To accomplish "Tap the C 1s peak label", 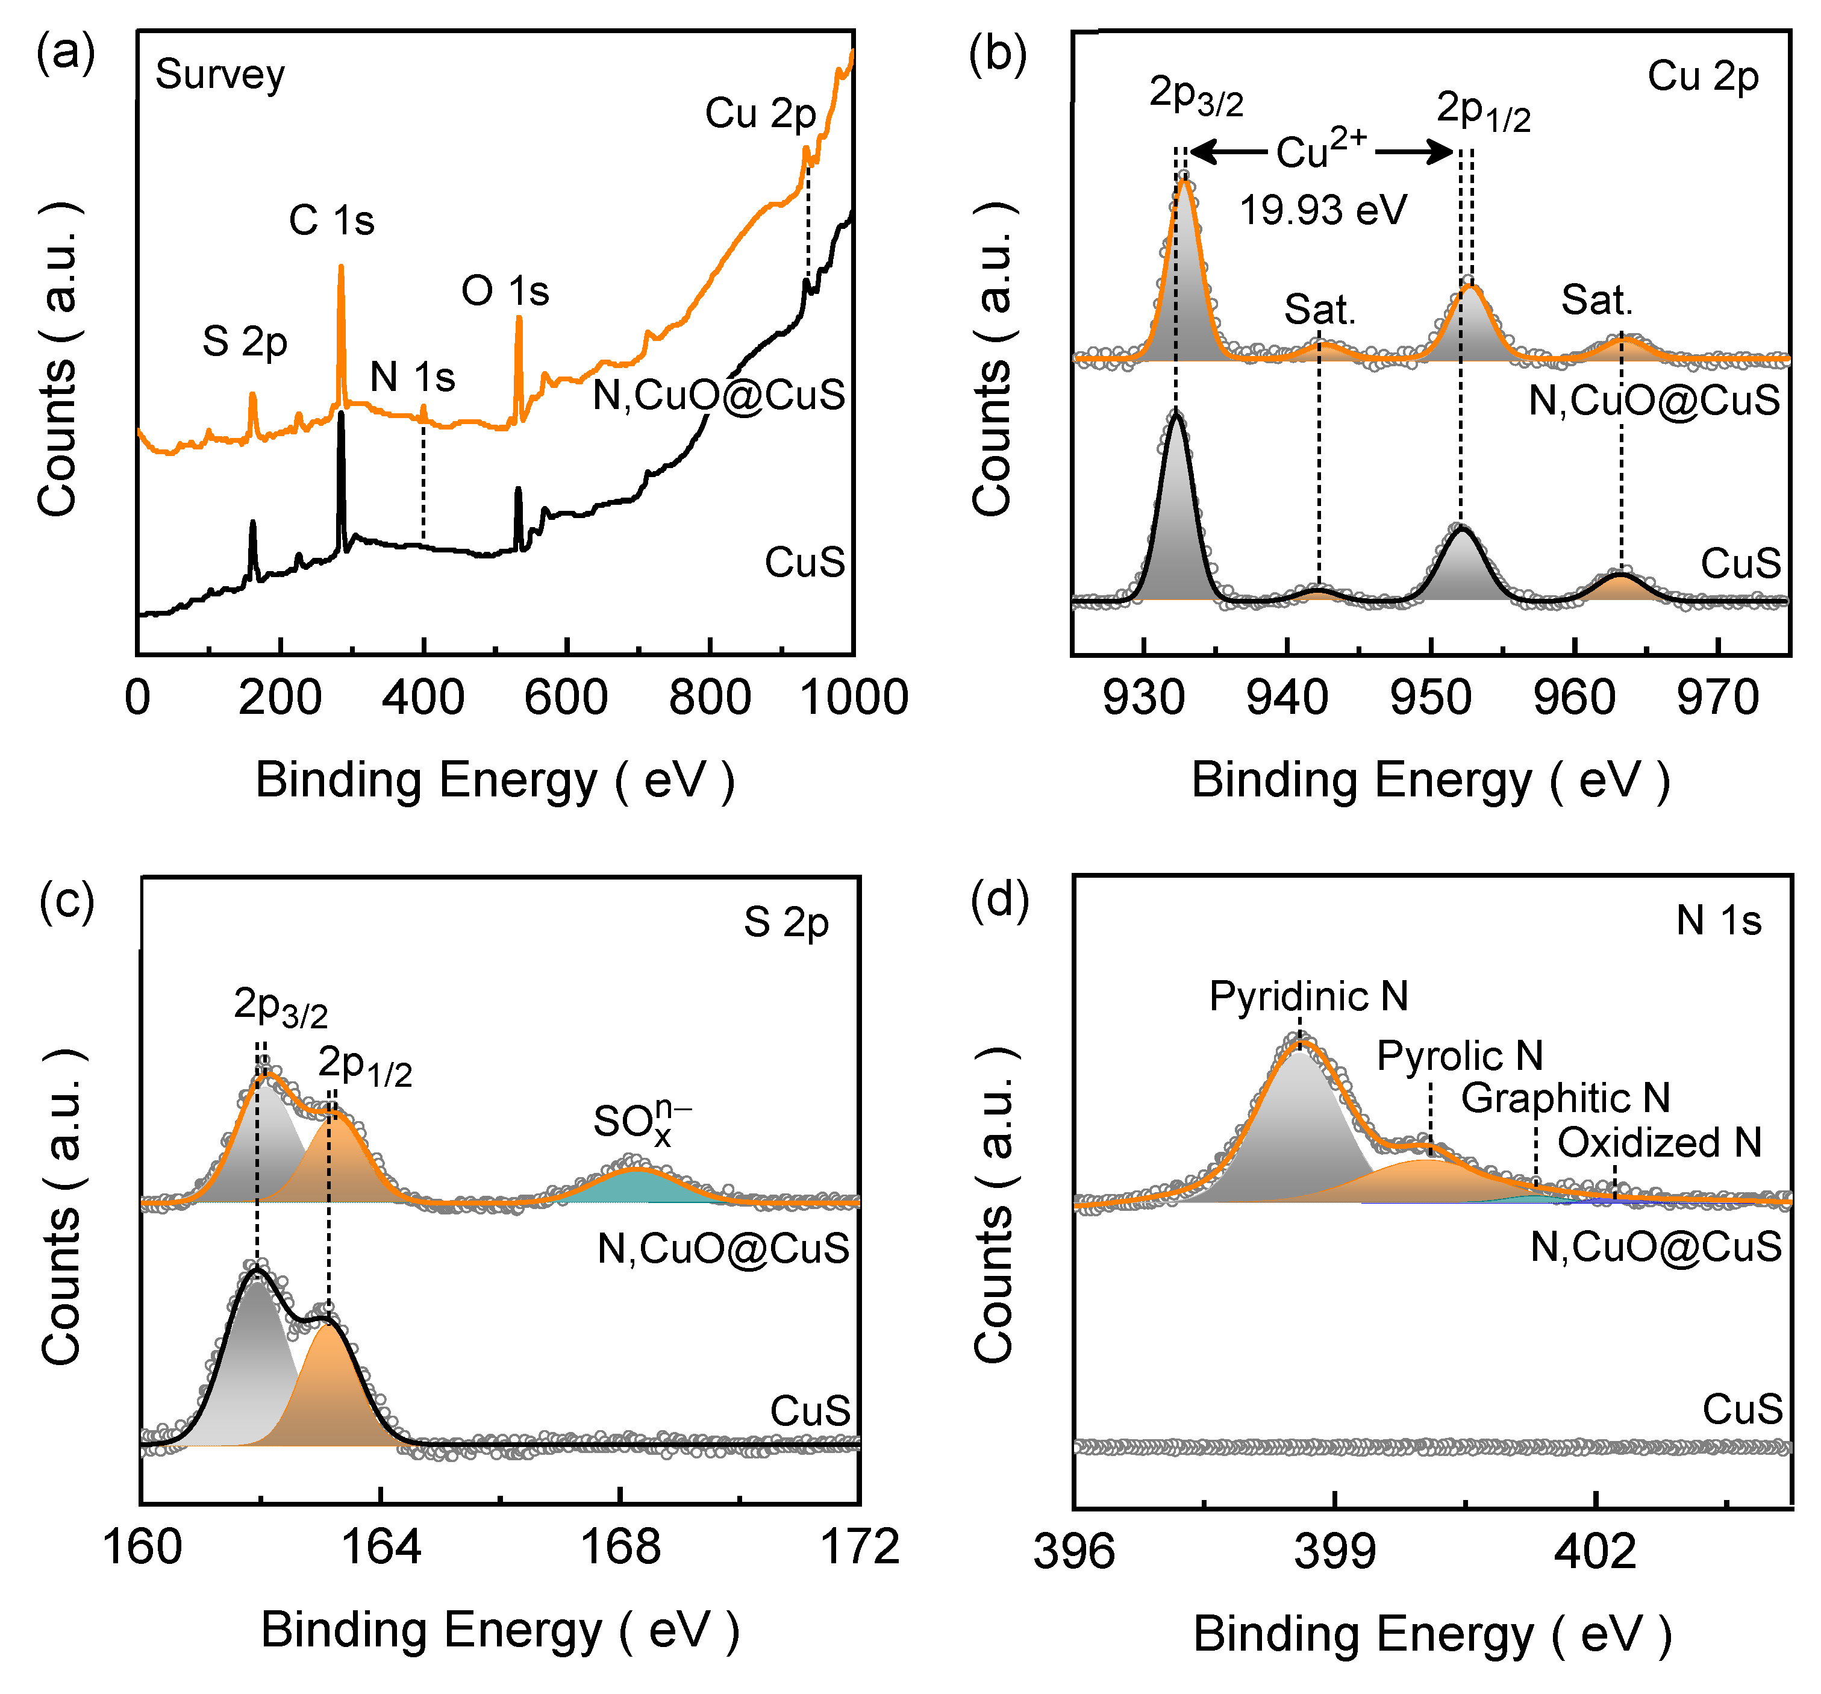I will click(331, 221).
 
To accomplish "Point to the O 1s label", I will click(505, 292).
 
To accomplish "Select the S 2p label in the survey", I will click(245, 342).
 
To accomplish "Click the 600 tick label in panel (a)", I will click(566, 698).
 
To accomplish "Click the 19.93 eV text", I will click(1323, 211).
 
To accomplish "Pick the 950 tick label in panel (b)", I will click(1430, 698).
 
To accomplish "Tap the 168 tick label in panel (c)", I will click(620, 1548).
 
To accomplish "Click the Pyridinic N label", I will click(1308, 996).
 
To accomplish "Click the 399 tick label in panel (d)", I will click(1335, 1551).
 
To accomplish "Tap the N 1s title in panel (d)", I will click(1719, 920).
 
